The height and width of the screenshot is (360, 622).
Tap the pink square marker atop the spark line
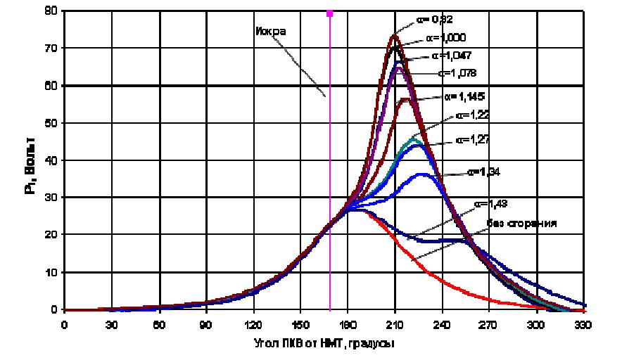(x=329, y=13)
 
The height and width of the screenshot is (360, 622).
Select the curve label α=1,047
(x=453, y=55)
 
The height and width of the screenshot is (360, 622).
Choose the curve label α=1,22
(x=474, y=114)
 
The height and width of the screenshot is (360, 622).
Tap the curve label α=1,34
(x=485, y=171)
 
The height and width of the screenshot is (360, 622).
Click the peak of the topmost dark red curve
(x=393, y=35)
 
